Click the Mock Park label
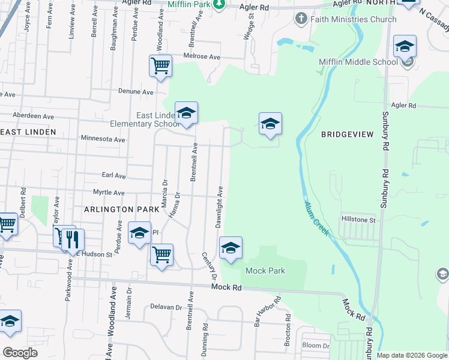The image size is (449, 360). click(265, 271)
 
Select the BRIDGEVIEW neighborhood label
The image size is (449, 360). click(344, 134)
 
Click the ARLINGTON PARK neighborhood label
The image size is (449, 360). click(122, 209)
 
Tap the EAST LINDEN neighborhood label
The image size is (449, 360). click(28, 131)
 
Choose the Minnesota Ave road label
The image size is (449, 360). click(103, 139)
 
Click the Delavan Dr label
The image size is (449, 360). click(166, 307)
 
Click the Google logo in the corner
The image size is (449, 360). click(20, 353)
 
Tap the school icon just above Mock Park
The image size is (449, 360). click(231, 247)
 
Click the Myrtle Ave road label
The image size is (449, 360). click(108, 193)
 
